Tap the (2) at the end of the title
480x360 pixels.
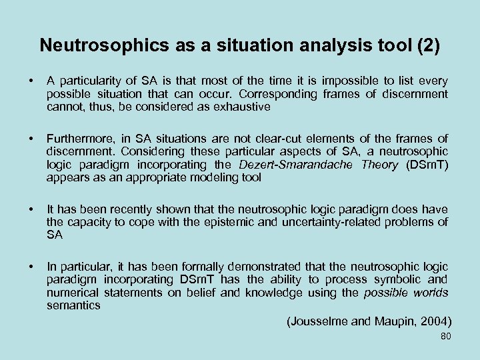(427, 45)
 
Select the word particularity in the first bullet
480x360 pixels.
(87, 81)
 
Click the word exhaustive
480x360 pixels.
(243, 107)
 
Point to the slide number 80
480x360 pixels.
(445, 336)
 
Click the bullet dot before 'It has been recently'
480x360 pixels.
(32, 209)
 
